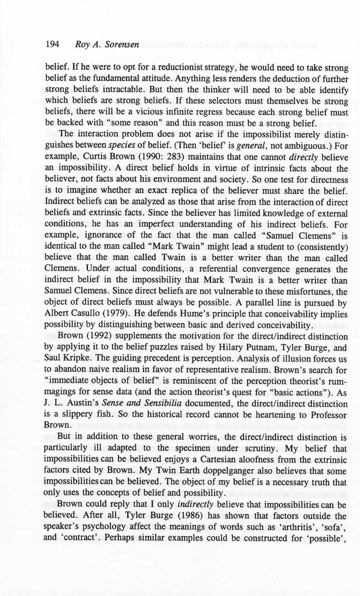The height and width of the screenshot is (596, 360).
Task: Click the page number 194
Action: coord(52,44)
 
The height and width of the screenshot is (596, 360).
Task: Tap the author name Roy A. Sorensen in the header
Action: coord(107,45)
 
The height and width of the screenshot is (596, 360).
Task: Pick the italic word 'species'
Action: coord(122,146)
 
